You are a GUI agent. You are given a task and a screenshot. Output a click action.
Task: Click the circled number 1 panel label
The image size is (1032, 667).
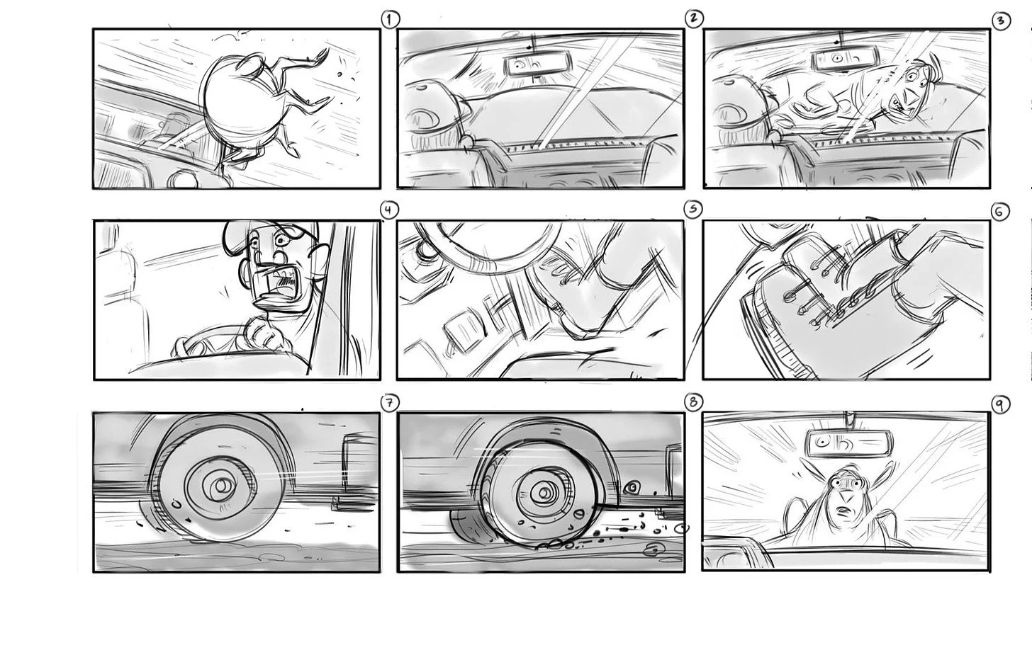[391, 19]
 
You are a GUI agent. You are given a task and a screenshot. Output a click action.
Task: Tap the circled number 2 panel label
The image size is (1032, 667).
[693, 18]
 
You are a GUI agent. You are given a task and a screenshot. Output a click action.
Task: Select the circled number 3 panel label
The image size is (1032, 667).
[1001, 21]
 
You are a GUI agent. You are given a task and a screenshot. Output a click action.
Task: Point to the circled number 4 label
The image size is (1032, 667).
[389, 210]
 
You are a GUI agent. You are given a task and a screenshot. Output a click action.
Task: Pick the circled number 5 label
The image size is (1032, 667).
[693, 210]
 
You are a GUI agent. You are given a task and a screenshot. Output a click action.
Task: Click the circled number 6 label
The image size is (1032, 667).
[999, 212]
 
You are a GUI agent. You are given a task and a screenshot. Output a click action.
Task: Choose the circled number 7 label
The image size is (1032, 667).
[389, 403]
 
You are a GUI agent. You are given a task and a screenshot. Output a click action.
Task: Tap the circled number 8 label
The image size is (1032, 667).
[693, 402]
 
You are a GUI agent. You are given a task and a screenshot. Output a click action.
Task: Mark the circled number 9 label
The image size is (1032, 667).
[999, 404]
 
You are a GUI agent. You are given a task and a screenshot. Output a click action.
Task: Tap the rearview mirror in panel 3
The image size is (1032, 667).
[844, 59]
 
